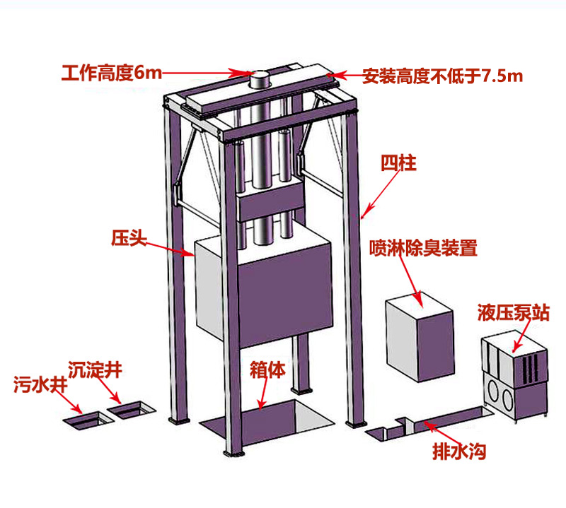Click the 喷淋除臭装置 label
click(x=422, y=248)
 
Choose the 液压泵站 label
click(x=513, y=312)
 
